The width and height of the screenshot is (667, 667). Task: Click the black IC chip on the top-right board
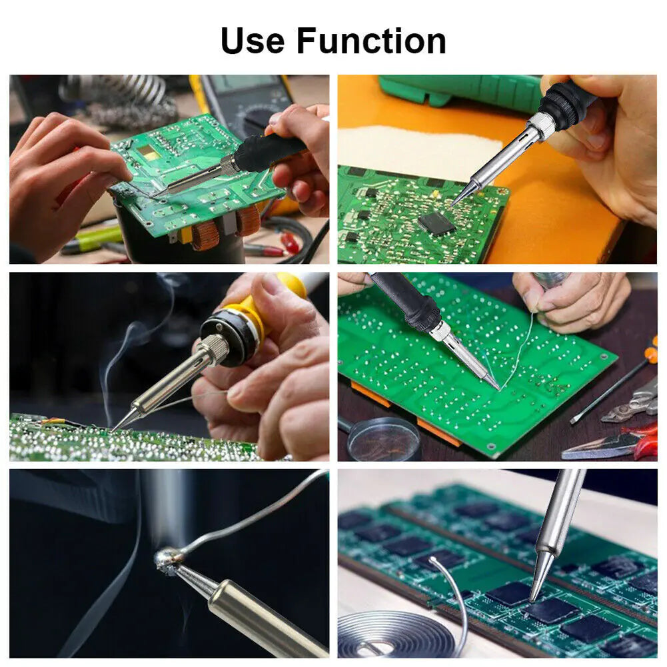click(436, 223)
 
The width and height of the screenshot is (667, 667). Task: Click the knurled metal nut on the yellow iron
click(215, 349)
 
